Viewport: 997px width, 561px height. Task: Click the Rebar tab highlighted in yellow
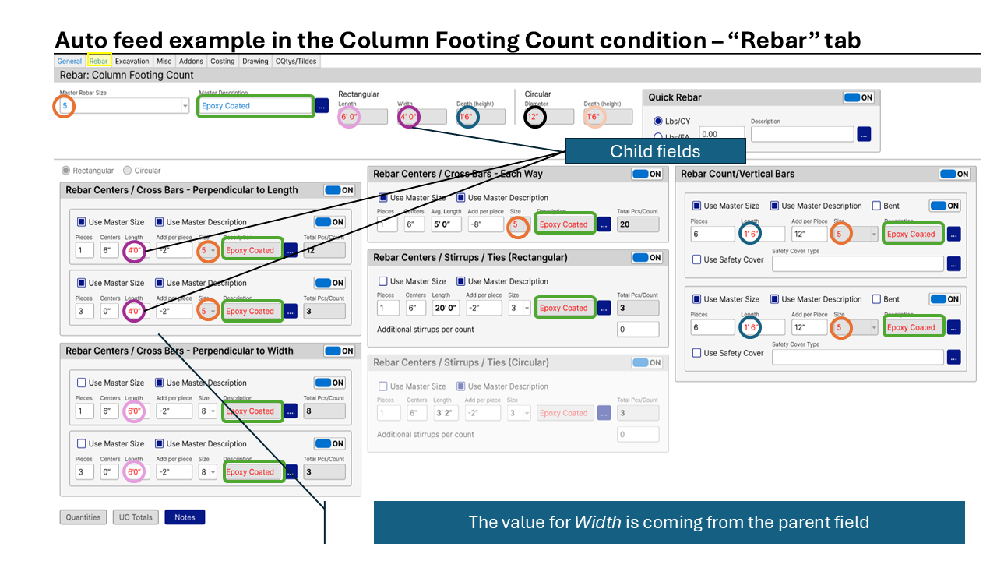(x=98, y=61)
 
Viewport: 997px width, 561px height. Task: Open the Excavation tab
(x=132, y=61)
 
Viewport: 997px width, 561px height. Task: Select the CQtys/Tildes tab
(x=296, y=61)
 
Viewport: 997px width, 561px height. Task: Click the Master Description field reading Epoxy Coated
(x=255, y=105)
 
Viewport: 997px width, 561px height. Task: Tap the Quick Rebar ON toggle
(x=858, y=97)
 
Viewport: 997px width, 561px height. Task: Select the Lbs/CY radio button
(x=658, y=122)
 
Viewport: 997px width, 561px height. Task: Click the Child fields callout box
(x=655, y=151)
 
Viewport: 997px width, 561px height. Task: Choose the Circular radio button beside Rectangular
(x=127, y=171)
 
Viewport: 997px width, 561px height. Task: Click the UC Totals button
(x=136, y=517)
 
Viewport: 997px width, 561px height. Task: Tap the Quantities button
(x=83, y=517)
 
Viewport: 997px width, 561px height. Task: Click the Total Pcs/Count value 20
(x=637, y=224)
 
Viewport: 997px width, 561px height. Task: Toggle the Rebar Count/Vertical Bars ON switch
(x=954, y=174)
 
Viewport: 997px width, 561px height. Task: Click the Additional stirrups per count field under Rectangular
(x=638, y=330)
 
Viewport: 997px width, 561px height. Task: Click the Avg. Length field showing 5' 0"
(x=447, y=224)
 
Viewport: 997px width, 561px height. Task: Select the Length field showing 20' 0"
(x=446, y=308)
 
